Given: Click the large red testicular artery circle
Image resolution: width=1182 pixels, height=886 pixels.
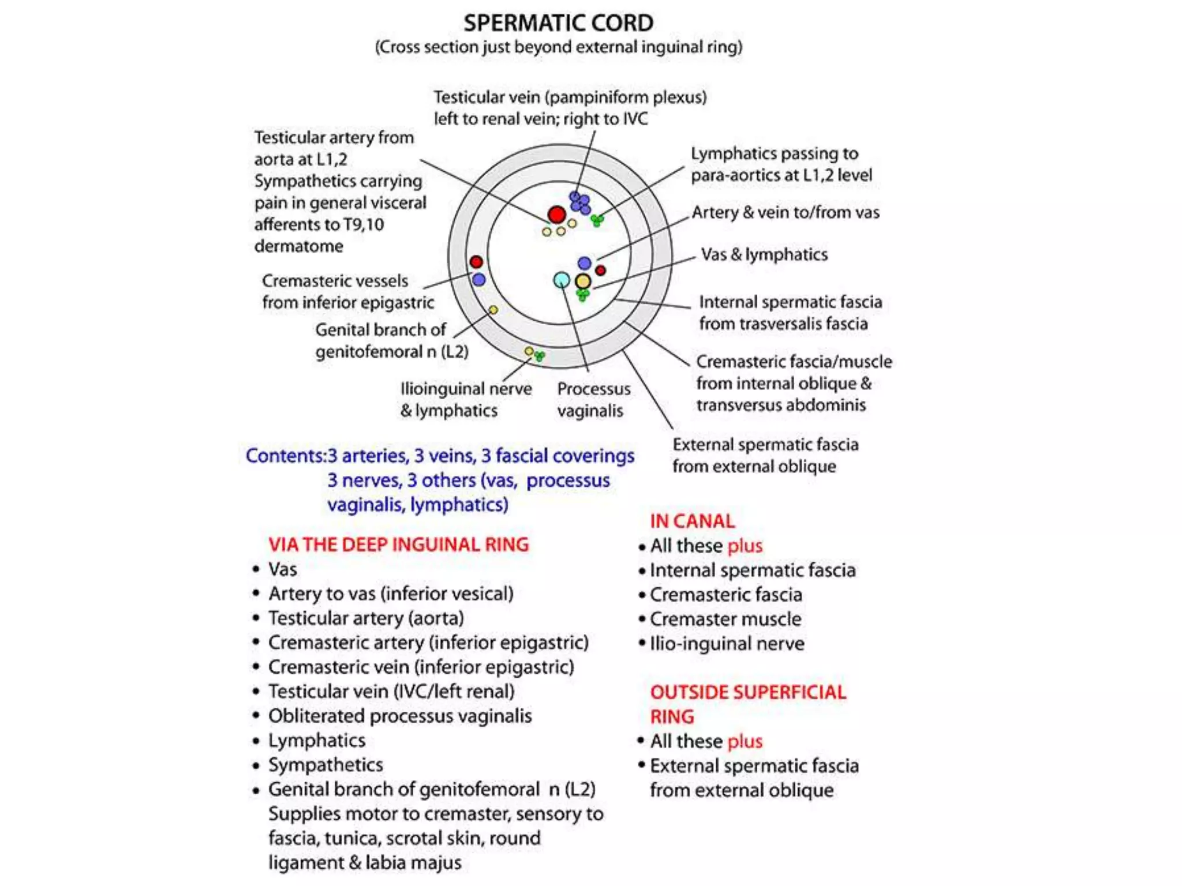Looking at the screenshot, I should point(556,215).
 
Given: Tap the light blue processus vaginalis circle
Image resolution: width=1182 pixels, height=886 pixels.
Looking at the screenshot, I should point(562,280).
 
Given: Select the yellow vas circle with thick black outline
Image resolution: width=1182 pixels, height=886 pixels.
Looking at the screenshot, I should point(583,281).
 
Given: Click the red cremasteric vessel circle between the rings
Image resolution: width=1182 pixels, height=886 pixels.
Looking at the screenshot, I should point(476,262).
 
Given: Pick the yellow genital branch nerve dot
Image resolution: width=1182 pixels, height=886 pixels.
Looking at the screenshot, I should point(493,310).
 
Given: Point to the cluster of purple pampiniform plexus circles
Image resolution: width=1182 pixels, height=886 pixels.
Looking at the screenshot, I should point(580,202).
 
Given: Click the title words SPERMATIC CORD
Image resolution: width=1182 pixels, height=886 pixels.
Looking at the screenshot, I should point(558,23).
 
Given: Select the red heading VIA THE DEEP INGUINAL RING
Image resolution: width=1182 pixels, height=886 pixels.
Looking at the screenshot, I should point(398,545).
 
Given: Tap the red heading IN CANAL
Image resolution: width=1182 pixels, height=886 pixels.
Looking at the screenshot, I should point(692,521).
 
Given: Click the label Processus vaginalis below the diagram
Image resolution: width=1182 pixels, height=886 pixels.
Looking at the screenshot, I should point(593,399).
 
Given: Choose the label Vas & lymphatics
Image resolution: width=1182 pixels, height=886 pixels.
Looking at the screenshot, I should point(764,254).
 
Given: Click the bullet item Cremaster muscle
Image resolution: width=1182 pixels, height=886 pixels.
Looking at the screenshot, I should point(725,619).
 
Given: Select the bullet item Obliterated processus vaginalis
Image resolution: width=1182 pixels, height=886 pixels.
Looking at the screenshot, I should point(400,716).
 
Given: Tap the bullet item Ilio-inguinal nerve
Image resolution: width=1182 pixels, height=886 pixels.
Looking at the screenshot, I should point(727,643).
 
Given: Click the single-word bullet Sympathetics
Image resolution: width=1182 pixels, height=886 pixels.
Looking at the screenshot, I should point(326,765).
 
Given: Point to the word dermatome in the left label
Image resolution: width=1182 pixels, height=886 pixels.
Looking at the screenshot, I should point(299,246).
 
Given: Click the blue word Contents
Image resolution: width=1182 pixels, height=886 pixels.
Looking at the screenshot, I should point(285,456).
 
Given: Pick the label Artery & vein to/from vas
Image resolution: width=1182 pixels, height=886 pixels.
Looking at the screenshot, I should point(785,212).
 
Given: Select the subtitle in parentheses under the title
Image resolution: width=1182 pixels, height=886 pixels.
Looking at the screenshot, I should point(558,47).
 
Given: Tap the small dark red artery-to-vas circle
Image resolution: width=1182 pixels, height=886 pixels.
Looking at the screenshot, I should point(600,270).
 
